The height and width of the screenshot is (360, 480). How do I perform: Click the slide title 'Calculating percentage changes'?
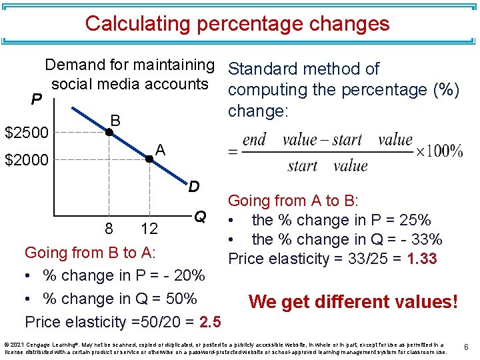point(237,24)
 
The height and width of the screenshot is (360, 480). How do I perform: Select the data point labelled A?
point(149,159)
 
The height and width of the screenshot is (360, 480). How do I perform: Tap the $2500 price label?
point(27,133)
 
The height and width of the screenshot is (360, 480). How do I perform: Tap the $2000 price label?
point(27,160)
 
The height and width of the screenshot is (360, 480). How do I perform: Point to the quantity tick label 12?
point(149,229)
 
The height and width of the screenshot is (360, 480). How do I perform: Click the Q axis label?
point(199,216)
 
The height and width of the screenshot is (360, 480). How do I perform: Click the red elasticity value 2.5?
point(210,323)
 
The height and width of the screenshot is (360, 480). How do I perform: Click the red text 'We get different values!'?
point(353,302)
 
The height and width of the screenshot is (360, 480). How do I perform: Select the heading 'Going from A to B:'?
point(293,201)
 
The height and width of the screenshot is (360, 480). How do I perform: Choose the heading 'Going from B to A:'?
point(90,253)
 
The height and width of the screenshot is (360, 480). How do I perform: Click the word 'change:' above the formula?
point(258,111)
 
